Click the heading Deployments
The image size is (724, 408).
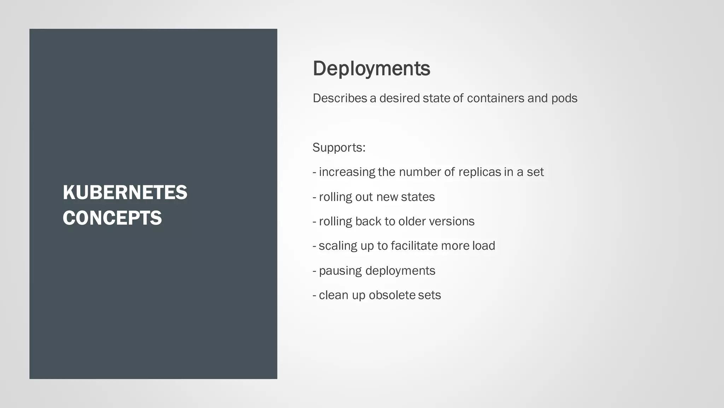pyautogui.click(x=371, y=68)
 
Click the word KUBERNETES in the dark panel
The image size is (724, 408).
pyautogui.click(x=125, y=193)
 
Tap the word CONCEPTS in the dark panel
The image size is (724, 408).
pyautogui.click(x=112, y=218)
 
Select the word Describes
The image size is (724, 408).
pyautogui.click(x=340, y=98)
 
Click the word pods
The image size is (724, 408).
pyautogui.click(x=564, y=98)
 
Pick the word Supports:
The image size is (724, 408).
pyautogui.click(x=339, y=148)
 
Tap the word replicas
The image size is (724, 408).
pyautogui.click(x=479, y=172)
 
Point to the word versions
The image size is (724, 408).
pyautogui.click(x=451, y=221)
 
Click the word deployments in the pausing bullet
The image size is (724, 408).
pyautogui.click(x=400, y=271)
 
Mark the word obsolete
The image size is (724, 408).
pyautogui.click(x=392, y=295)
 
